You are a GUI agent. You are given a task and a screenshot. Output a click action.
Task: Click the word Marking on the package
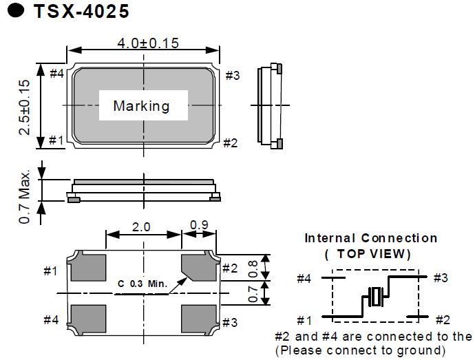[141, 106]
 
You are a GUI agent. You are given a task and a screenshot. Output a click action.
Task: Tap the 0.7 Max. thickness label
[25, 195]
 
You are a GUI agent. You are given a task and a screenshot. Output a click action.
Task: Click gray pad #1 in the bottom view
[88, 267]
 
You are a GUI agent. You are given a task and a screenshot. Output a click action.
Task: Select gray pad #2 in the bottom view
[199, 267]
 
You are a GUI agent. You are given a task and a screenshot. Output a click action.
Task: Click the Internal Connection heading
[370, 238]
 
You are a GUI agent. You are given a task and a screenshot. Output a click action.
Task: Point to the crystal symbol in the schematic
[375, 297]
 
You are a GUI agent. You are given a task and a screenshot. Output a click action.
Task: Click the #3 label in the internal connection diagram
[441, 278]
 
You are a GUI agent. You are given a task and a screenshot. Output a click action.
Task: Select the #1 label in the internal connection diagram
[306, 319]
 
